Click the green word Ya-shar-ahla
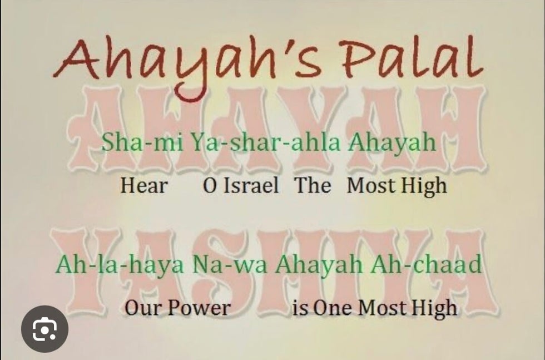[x=266, y=142]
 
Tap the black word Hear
[x=144, y=185]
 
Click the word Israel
[x=251, y=185]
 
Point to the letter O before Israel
[x=210, y=186]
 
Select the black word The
[x=313, y=185]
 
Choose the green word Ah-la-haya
[x=120, y=265]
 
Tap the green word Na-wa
[x=230, y=265]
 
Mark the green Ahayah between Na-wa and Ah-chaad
[x=319, y=265]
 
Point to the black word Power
[x=199, y=308]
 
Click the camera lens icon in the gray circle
[x=45, y=329]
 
